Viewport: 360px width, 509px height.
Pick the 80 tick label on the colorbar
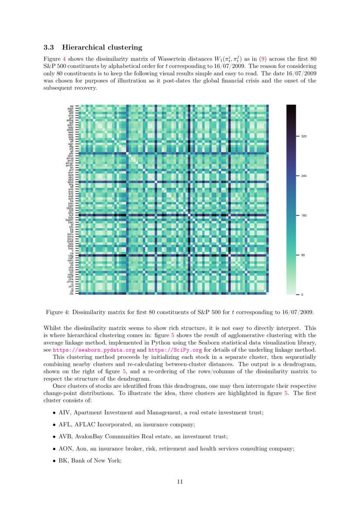(x=303, y=255)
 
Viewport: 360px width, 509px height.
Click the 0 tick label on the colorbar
(x=303, y=295)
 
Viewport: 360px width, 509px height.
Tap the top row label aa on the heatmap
(x=71, y=106)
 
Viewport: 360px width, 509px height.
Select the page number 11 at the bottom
(x=180, y=481)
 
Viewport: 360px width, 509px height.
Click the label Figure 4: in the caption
(x=58, y=312)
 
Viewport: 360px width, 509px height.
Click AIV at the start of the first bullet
(x=64, y=412)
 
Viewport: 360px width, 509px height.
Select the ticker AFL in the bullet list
(x=64, y=424)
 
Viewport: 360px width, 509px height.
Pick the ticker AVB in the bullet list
(x=64, y=436)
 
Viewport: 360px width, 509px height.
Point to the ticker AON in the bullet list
(x=65, y=448)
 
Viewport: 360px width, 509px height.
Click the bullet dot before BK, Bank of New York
(x=54, y=461)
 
